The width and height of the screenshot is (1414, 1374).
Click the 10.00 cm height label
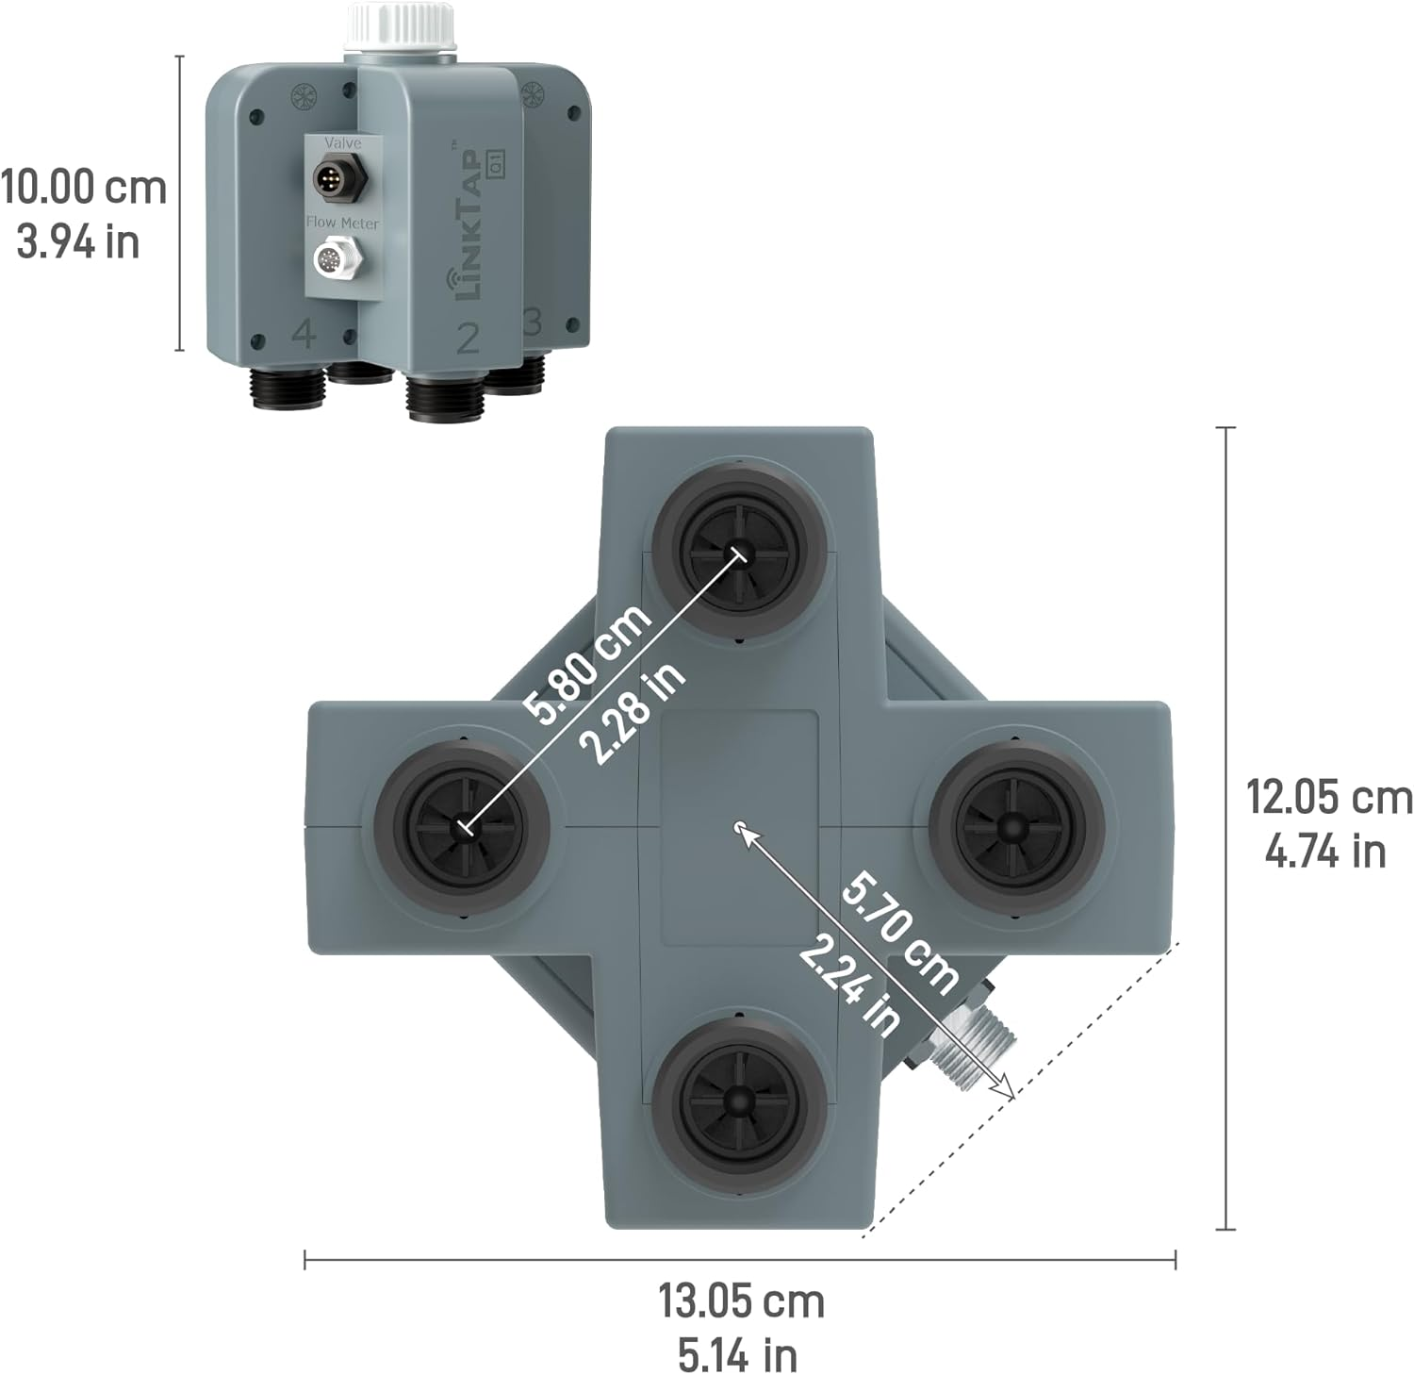83,187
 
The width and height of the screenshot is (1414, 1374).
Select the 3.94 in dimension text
78,242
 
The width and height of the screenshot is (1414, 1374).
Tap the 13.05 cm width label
741,1301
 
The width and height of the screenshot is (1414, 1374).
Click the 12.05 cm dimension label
1329,797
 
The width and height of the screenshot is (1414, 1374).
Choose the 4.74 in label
1324,852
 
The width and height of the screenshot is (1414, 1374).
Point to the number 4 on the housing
304,334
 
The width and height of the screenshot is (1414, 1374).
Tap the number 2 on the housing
468,338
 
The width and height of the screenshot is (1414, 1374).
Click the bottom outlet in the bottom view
740,1100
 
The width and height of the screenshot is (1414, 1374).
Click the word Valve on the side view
342,143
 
